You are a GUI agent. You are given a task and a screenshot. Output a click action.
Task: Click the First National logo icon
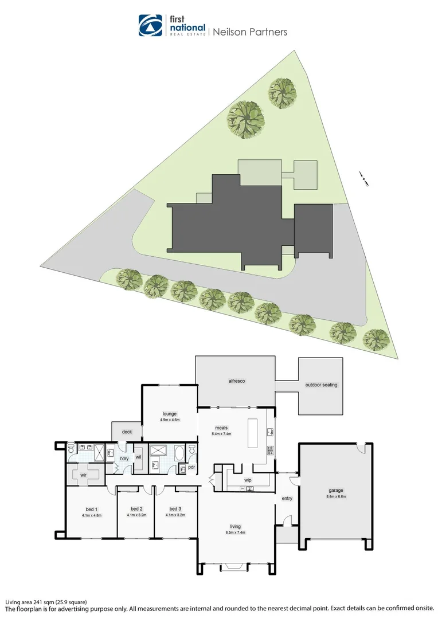pyautogui.click(x=150, y=25)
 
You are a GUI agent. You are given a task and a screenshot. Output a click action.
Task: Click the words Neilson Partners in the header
pyautogui.click(x=250, y=32)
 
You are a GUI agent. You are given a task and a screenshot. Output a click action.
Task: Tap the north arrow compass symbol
pyautogui.click(x=363, y=178)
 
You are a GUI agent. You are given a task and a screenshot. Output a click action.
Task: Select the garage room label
pyautogui.click(x=336, y=491)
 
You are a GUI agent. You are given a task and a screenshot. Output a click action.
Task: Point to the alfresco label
pyautogui.click(x=237, y=380)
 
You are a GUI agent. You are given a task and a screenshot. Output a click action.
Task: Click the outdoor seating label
pyautogui.click(x=321, y=385)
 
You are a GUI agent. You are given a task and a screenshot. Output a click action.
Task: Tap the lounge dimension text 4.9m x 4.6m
pyautogui.click(x=170, y=420)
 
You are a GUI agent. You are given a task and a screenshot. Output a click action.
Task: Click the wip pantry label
pyautogui.click(x=248, y=480)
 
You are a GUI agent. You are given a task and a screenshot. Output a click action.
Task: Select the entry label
pyautogui.click(x=287, y=499)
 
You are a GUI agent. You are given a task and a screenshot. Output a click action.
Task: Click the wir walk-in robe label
pyautogui.click(x=83, y=475)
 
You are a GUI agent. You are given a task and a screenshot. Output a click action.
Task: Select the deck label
pyautogui.click(x=127, y=432)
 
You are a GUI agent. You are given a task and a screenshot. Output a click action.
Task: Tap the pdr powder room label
pyautogui.click(x=191, y=467)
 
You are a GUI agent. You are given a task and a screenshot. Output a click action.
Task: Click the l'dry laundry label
pyautogui.click(x=124, y=459)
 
